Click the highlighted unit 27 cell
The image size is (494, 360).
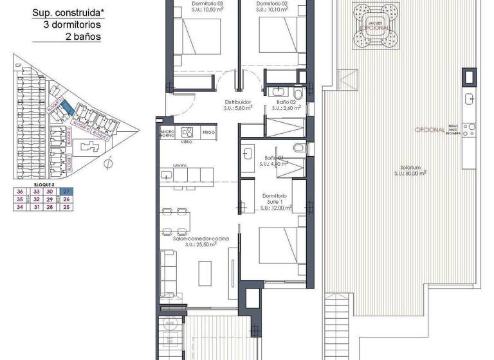point(66,192)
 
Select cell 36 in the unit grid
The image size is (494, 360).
point(20,192)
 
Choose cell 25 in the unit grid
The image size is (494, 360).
point(66,207)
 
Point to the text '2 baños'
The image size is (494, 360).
point(83,36)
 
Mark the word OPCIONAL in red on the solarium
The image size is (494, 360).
point(429,129)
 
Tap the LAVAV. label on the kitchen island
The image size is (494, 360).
point(179,165)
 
